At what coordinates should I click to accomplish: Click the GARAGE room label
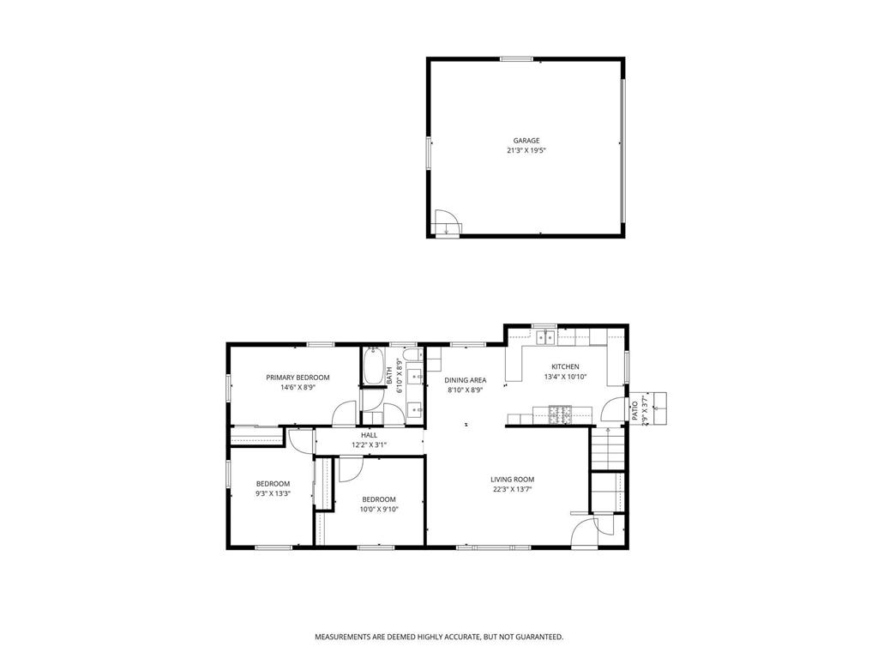click(526, 141)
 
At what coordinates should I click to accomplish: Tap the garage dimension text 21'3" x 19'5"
click(526, 150)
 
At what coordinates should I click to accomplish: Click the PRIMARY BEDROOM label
click(298, 378)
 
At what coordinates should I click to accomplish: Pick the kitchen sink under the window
click(546, 338)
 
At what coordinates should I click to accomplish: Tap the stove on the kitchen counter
click(561, 415)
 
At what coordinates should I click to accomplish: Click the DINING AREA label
click(466, 380)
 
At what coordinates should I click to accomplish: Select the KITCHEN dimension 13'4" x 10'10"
click(566, 377)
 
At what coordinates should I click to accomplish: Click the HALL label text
click(369, 435)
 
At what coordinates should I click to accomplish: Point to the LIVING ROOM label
click(512, 480)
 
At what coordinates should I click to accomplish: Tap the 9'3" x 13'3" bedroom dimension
click(273, 493)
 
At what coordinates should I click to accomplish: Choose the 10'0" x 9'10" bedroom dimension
click(378, 509)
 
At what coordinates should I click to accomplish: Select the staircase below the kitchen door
click(607, 448)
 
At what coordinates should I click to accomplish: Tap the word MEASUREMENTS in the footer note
click(348, 637)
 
